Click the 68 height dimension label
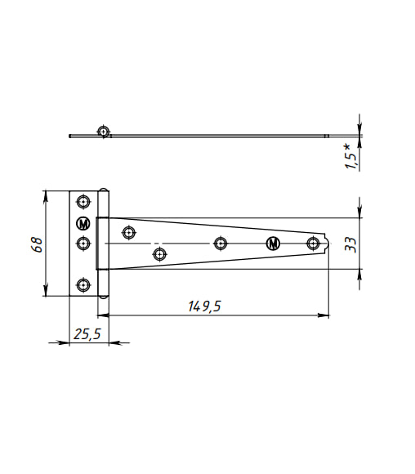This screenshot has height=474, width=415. (37, 244)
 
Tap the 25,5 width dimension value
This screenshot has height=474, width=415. (87, 334)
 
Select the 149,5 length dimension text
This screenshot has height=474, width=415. (204, 306)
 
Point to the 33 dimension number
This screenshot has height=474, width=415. (350, 244)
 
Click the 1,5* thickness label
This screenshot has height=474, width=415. (350, 156)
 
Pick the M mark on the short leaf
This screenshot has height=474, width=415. (83, 224)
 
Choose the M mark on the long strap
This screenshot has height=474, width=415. (273, 244)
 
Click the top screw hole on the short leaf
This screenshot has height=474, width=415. (83, 202)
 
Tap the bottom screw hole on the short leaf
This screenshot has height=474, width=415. (83, 284)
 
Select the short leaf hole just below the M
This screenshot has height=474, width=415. (83, 243)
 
